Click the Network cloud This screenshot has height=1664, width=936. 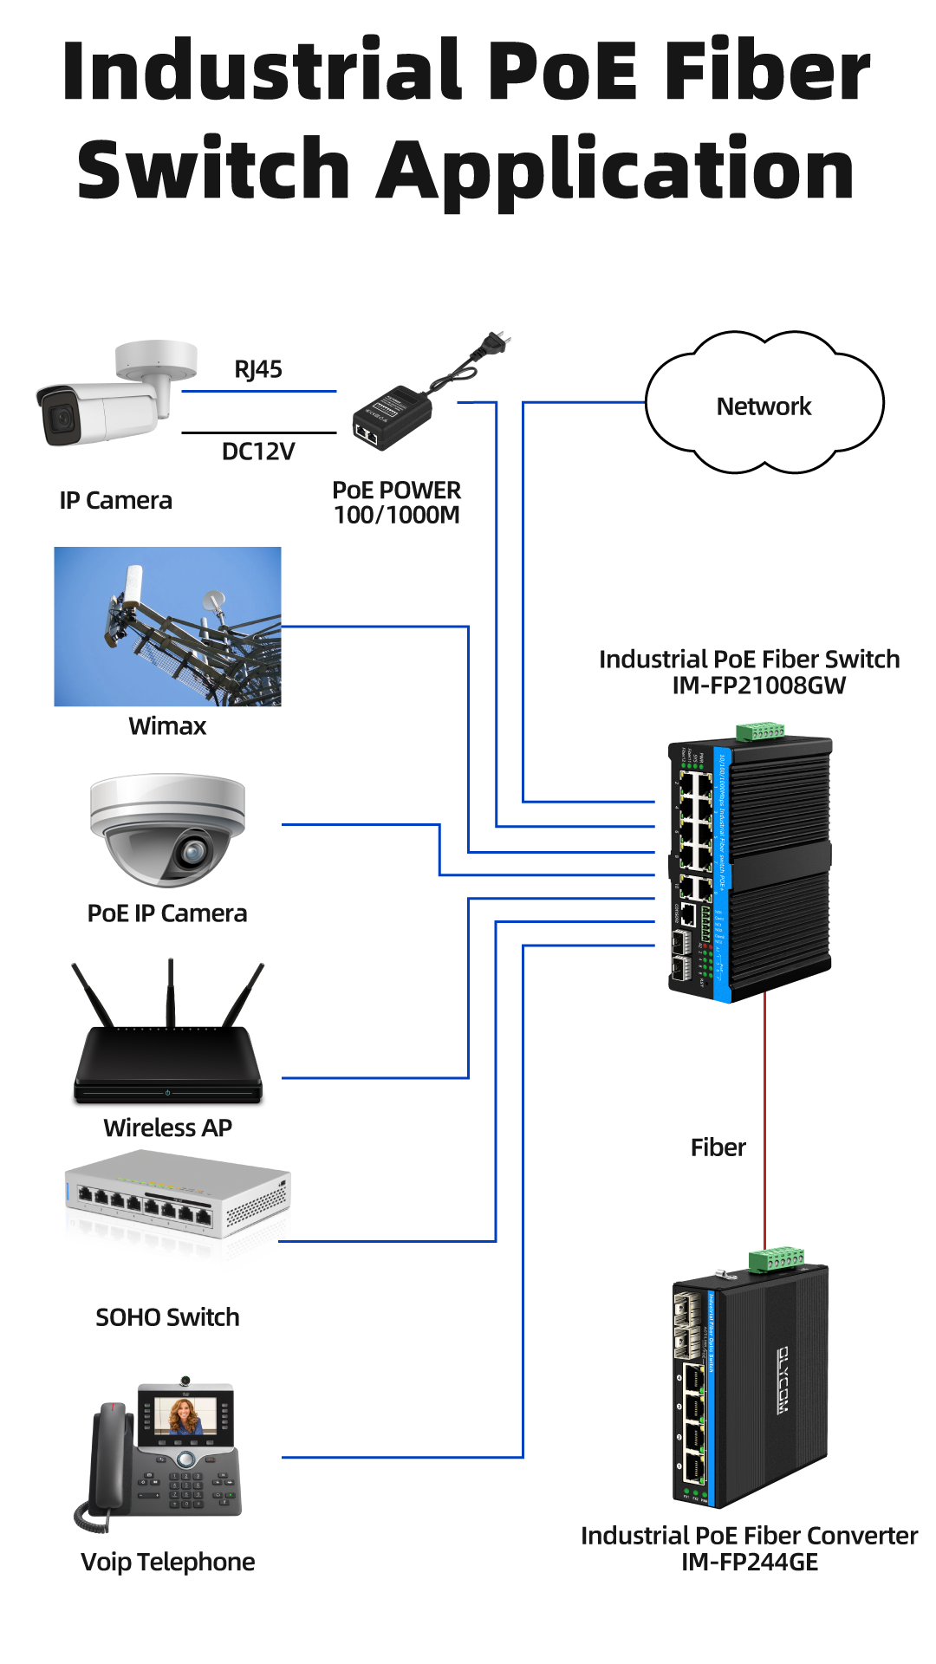tap(764, 406)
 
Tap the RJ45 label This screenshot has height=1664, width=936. tap(258, 369)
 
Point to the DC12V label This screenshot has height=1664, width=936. tap(258, 452)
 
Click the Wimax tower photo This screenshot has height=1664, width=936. tap(167, 627)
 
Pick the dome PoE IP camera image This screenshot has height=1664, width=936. tap(167, 829)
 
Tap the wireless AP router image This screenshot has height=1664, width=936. tap(167, 1062)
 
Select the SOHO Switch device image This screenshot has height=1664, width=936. tap(177, 1212)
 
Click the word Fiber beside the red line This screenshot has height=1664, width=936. tap(718, 1147)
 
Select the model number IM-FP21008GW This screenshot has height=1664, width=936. tap(758, 686)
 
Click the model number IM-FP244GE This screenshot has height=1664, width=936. tap(750, 1562)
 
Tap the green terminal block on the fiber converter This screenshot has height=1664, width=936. tap(777, 1258)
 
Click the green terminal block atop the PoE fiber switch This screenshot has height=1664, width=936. tap(761, 731)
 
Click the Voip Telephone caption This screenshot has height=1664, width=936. tap(167, 1562)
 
